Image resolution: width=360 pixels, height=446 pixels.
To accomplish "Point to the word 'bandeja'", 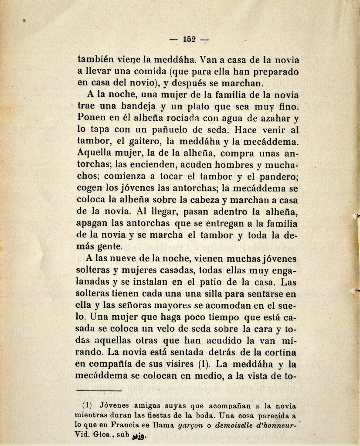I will [x=121, y=107].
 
